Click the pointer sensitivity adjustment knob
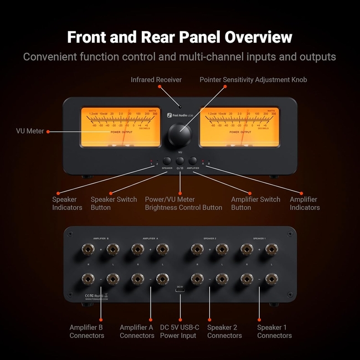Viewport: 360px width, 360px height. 179,135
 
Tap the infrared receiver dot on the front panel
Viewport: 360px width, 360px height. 180,105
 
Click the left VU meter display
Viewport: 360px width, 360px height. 120,127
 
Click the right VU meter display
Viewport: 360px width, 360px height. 240,127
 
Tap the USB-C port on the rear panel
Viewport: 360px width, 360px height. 180,293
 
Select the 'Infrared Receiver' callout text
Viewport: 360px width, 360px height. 156,80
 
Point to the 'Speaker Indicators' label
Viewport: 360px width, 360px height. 67,203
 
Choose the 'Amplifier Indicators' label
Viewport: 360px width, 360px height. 304,203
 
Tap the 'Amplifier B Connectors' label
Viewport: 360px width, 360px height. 86,331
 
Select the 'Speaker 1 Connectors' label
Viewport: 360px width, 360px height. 274,331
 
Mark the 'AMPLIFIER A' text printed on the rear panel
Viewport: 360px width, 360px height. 150,239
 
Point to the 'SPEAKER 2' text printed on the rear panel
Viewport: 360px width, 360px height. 209,239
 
